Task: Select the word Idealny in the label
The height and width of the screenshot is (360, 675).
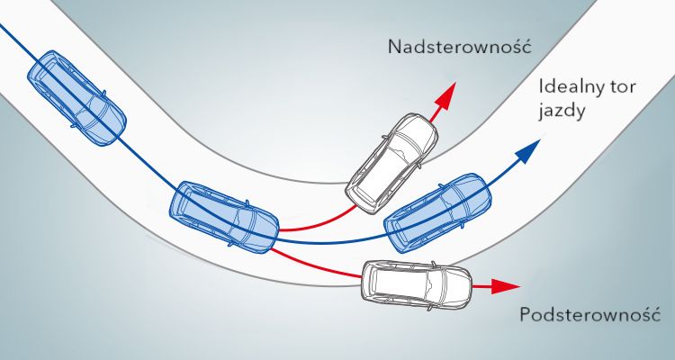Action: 567,89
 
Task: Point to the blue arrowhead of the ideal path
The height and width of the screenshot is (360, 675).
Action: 533,148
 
